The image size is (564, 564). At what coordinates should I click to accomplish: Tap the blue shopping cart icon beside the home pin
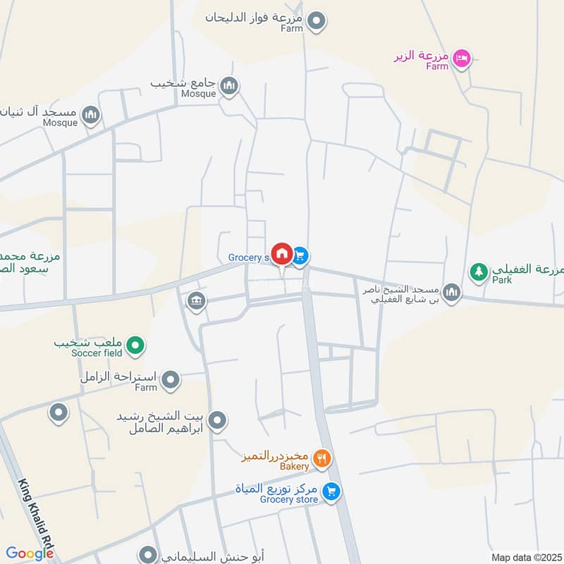[x=300, y=255]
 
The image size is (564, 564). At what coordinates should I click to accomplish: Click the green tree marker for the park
[x=479, y=271]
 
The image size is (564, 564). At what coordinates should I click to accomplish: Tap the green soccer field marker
[x=137, y=345]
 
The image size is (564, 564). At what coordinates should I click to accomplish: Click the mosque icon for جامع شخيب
[x=229, y=87]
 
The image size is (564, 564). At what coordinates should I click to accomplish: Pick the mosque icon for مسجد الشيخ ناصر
[x=451, y=292]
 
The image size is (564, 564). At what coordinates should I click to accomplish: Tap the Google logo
[x=30, y=553]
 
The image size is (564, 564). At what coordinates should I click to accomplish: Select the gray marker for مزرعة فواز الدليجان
[x=317, y=20]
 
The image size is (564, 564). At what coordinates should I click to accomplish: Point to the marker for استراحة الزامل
[x=170, y=381]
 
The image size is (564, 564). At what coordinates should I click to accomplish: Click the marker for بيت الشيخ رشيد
[x=218, y=421]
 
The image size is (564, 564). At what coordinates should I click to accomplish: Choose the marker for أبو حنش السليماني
[x=147, y=555]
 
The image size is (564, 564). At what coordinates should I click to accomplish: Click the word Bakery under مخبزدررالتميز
[x=294, y=467]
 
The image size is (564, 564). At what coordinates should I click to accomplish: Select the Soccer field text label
[x=97, y=352]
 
